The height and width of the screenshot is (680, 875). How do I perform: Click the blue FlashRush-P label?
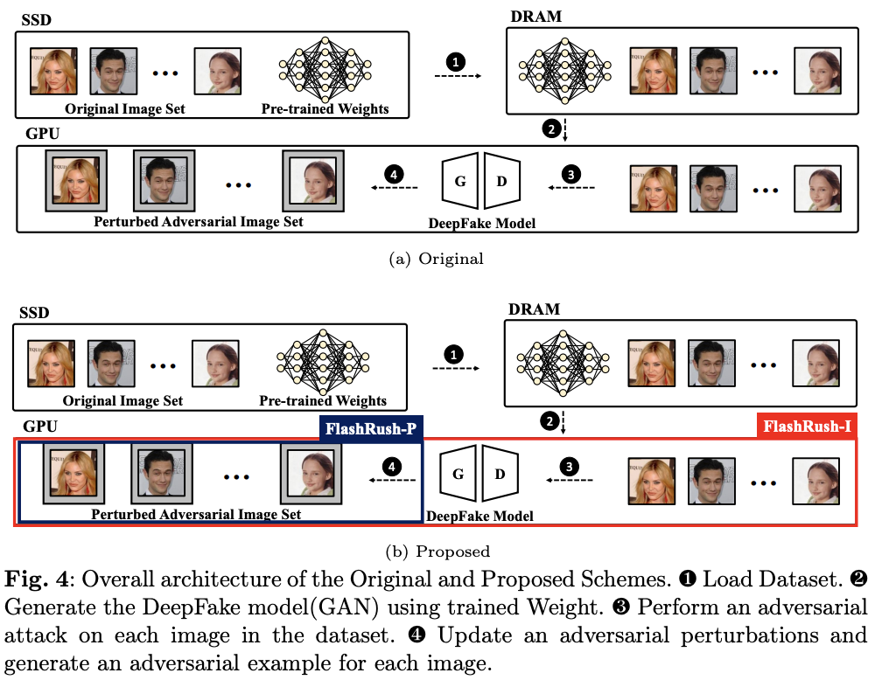pos(371,428)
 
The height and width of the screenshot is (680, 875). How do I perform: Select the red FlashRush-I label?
pos(807,427)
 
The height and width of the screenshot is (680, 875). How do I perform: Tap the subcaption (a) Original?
pos(436,260)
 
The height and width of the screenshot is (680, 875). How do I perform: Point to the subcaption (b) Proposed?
pos(437,552)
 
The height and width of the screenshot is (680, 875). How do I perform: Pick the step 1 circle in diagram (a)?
pos(456,61)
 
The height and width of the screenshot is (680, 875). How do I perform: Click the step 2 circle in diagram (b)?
pos(549,420)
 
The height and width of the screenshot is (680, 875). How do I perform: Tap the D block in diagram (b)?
pos(500,473)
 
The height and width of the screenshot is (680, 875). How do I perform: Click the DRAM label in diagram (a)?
pos(535,17)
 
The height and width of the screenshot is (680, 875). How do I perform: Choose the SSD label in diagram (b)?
pos(35,313)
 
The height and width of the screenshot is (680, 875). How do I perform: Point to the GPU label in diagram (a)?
pos(42,134)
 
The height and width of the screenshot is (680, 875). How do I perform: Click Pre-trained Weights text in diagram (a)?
pos(325,108)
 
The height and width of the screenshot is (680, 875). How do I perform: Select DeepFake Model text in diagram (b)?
pos(479,517)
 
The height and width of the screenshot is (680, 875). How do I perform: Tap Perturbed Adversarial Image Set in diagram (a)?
pos(198,222)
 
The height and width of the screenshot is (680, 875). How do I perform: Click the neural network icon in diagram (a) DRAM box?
pos(564,71)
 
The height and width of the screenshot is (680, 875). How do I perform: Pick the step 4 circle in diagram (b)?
pos(392,467)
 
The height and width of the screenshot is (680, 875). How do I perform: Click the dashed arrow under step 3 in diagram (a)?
pos(571,187)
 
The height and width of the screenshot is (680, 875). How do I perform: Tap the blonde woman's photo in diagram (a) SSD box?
pos(53,71)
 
